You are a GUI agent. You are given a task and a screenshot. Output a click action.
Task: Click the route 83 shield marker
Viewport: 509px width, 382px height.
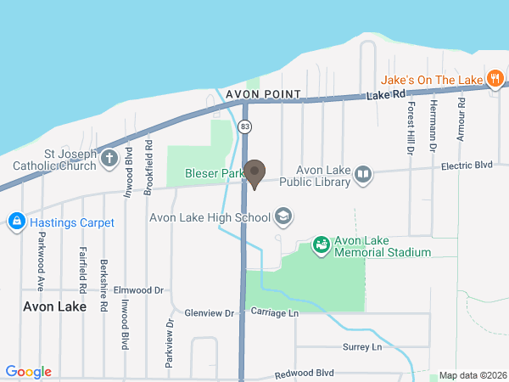[245, 126]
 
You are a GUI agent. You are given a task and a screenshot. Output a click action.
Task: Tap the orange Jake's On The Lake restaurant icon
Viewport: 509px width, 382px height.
[495, 79]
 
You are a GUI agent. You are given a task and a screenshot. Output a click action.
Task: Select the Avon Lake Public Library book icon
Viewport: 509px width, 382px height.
[363, 175]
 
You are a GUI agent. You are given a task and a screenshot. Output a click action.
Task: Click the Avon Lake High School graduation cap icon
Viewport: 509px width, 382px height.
[283, 217]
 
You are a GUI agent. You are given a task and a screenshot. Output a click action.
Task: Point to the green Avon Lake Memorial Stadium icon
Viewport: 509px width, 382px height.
[321, 245]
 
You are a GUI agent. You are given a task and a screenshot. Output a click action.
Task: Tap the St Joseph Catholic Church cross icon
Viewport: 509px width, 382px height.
[109, 158]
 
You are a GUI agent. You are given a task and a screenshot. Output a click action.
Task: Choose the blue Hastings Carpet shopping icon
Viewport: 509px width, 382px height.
[15, 222]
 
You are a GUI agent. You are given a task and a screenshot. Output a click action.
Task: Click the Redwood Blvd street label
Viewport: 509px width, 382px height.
[304, 374]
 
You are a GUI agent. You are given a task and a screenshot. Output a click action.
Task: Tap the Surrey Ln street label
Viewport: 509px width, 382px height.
[362, 347]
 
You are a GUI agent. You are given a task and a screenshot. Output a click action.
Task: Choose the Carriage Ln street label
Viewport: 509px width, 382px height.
[275, 313]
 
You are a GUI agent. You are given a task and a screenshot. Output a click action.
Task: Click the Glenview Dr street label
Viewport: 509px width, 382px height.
[209, 313]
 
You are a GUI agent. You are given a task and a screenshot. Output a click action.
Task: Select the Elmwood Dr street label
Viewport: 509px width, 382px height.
[137, 289]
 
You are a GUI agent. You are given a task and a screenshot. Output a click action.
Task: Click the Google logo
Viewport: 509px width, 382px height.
[28, 372]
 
